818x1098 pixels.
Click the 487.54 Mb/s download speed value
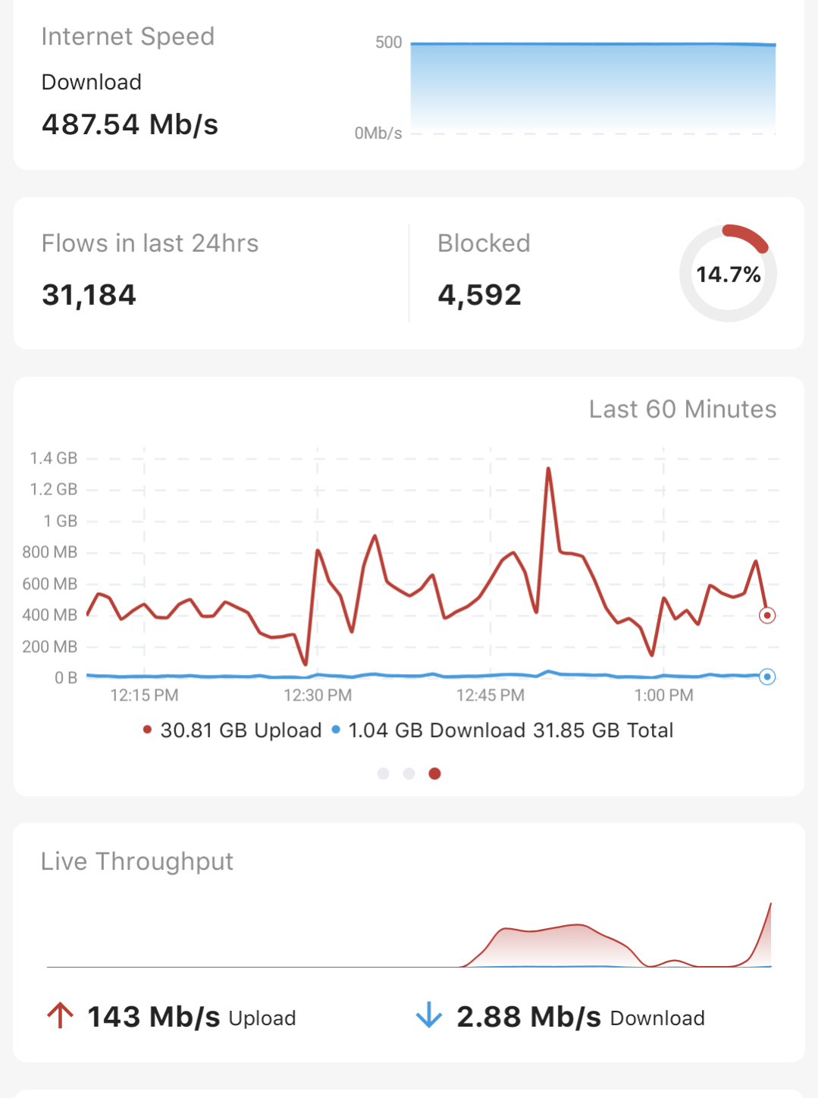[x=130, y=124]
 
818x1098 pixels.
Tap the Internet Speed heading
[x=127, y=36]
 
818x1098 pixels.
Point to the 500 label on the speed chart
[x=388, y=42]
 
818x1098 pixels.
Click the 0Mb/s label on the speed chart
[x=378, y=133]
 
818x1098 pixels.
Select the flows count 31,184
[x=89, y=295]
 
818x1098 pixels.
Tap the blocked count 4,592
[x=479, y=295]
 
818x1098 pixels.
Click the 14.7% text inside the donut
[x=728, y=274]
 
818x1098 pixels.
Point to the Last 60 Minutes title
[x=682, y=409]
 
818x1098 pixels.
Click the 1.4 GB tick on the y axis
[x=53, y=458]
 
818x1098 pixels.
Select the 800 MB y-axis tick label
[x=50, y=552]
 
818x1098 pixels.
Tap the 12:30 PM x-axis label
[x=318, y=695]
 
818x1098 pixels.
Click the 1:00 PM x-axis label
[x=663, y=695]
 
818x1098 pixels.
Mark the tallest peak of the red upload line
[x=548, y=469]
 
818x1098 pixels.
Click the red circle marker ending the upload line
[x=767, y=615]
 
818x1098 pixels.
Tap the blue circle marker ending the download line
[x=767, y=676]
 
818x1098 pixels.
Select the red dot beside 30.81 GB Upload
[x=147, y=730]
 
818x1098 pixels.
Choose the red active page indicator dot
[x=434, y=773]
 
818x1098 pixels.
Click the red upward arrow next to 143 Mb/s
[x=60, y=1015]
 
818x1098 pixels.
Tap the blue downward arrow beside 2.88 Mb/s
[x=429, y=1015]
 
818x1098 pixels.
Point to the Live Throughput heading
[x=136, y=861]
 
